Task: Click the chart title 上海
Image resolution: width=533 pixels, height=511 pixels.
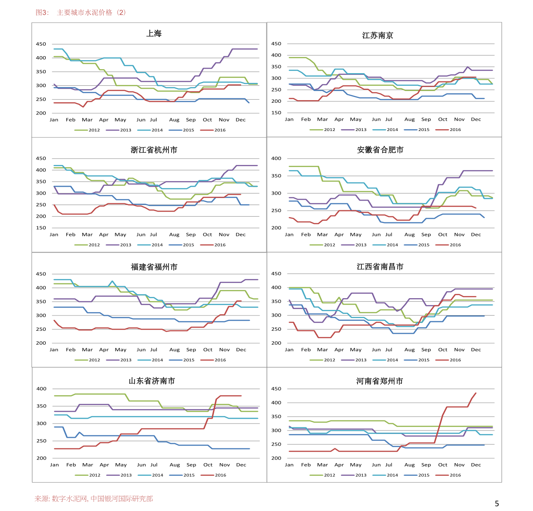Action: [154, 34]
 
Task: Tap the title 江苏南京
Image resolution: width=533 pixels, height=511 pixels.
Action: [378, 35]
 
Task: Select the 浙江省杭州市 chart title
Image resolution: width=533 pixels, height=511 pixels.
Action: [154, 150]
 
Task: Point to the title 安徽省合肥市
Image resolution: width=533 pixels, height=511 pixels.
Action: [380, 150]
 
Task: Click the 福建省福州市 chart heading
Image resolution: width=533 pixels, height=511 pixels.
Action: [154, 267]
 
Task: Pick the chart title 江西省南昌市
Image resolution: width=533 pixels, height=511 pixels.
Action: [380, 266]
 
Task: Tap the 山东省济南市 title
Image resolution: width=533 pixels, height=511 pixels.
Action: [152, 381]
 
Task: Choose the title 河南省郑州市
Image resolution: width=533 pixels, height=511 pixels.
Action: [380, 381]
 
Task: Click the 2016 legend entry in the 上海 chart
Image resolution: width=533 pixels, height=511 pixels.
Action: [213, 130]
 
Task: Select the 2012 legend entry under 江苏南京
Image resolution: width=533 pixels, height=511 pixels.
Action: [322, 130]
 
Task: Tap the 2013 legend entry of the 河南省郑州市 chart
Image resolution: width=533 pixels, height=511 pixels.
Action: [354, 475]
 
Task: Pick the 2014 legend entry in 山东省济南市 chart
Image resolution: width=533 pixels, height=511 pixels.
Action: [150, 475]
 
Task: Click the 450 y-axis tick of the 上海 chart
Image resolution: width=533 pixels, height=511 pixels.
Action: [41, 44]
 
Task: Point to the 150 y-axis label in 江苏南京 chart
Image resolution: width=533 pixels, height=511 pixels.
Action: [276, 113]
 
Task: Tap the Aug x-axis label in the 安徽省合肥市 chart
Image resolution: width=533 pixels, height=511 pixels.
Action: [409, 235]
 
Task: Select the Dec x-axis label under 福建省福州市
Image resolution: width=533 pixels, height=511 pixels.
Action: [241, 350]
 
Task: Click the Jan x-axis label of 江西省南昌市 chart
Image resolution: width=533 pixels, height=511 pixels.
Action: [289, 350]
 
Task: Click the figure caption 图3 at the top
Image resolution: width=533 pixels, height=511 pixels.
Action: [42, 13]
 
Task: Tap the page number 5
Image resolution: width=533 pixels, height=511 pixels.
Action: [497, 503]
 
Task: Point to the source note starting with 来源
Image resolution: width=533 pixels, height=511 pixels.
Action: [94, 498]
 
